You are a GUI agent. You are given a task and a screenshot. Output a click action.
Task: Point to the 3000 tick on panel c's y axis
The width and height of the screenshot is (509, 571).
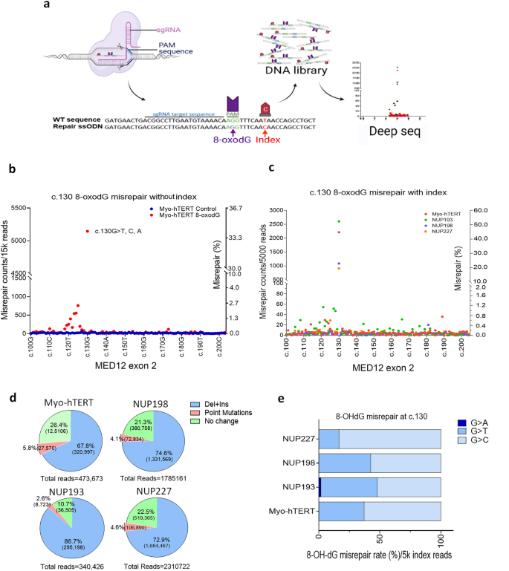coord(276,211)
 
